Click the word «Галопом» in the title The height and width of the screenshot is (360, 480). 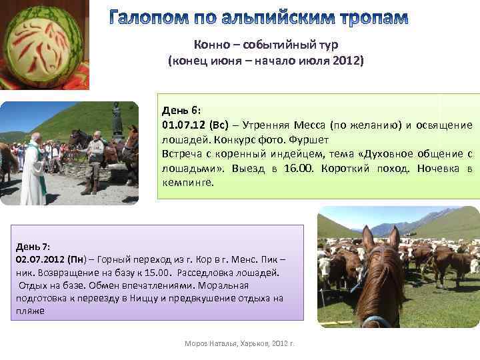[x=155, y=18]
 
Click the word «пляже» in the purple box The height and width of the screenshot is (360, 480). [x=30, y=311]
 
